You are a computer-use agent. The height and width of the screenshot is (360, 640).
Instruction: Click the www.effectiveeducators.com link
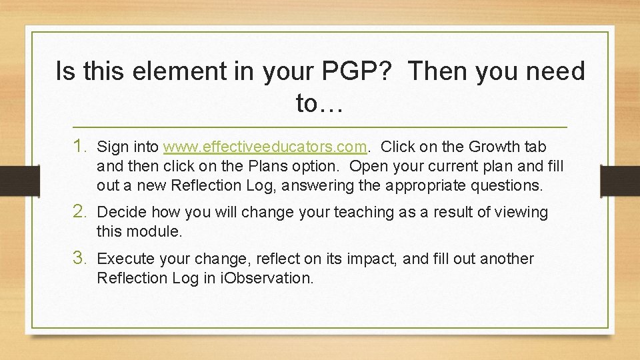point(265,146)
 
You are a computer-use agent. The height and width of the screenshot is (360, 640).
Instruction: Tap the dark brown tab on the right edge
point(620,181)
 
